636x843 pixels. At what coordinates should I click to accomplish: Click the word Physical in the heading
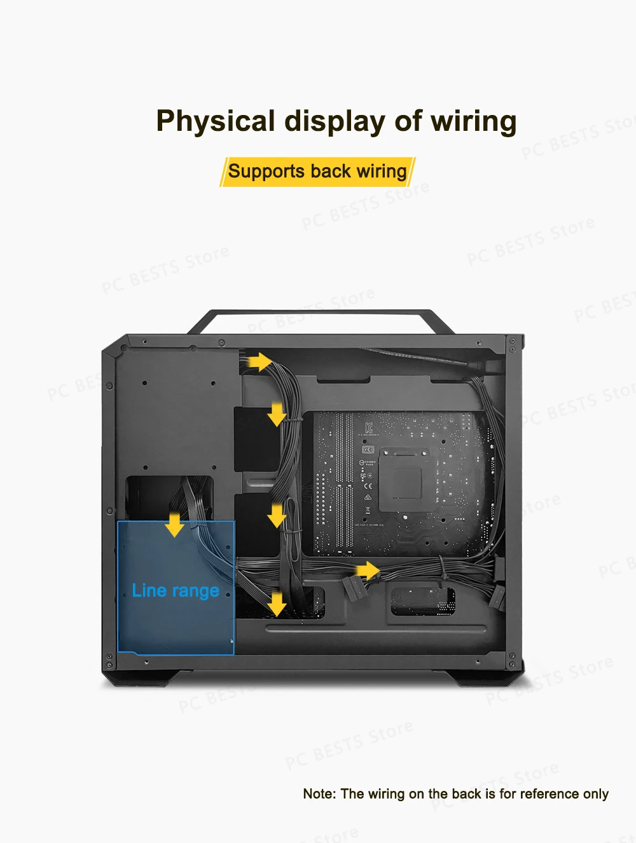click(x=215, y=121)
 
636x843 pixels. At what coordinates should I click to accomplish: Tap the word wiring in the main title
click(x=473, y=121)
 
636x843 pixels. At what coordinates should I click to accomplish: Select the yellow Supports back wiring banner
click(x=317, y=172)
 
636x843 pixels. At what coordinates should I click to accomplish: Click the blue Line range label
click(x=176, y=591)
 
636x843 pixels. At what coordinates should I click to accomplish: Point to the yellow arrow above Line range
click(x=174, y=525)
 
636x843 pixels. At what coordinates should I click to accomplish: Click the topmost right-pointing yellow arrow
click(x=258, y=362)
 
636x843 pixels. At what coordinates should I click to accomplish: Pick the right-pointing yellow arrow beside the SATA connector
click(x=367, y=570)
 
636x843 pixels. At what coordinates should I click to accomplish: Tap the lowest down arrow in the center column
click(x=277, y=604)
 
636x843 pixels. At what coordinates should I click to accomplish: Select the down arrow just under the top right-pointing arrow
click(x=277, y=414)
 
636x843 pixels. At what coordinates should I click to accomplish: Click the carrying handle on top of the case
click(x=321, y=313)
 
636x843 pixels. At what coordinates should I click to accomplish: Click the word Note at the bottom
click(x=318, y=794)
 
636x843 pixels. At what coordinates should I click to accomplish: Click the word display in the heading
click(x=334, y=121)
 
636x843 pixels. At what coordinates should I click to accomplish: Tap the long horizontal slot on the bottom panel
click(x=375, y=628)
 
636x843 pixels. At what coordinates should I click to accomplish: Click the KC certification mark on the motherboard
click(x=369, y=427)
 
